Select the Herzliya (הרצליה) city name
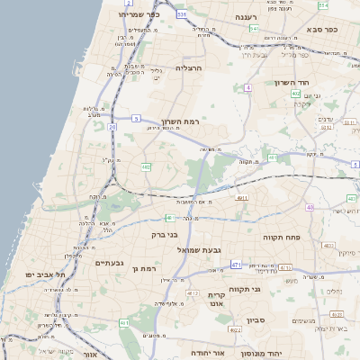(191, 67)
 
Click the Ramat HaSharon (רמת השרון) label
(180, 121)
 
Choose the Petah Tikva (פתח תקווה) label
(282, 238)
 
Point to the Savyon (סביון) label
(255, 319)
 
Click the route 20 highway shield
(112, 128)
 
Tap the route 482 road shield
(146, 166)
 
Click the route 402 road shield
(296, 93)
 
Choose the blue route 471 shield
(236, 265)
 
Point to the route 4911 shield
(241, 197)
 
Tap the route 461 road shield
(124, 322)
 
